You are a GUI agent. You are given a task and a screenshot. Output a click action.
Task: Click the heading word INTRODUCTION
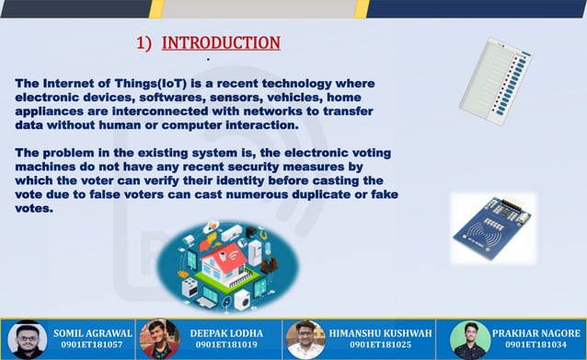click(x=221, y=43)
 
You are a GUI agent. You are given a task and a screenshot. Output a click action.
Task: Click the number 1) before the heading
click(x=144, y=43)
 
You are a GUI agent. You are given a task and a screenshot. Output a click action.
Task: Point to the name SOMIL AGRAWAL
click(x=93, y=333)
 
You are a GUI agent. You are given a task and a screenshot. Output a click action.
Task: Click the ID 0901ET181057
click(x=92, y=346)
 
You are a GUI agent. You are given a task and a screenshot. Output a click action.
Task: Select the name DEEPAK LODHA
click(x=226, y=333)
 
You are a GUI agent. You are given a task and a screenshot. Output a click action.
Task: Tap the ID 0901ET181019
click(x=226, y=346)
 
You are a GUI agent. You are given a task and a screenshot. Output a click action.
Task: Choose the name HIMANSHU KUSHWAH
click(x=379, y=333)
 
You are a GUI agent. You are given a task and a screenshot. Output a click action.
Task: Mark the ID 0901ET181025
click(x=379, y=346)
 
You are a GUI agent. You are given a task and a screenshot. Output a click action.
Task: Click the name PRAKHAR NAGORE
click(x=535, y=333)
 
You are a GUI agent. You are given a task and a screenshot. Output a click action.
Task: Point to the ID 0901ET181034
click(x=535, y=346)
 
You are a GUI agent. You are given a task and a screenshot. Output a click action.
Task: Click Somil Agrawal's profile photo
click(x=28, y=340)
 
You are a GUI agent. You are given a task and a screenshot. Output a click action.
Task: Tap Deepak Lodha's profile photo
click(x=159, y=340)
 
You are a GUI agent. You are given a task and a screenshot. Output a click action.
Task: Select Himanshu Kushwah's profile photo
click(x=305, y=340)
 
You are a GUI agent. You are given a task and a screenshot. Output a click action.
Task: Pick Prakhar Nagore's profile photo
click(x=469, y=340)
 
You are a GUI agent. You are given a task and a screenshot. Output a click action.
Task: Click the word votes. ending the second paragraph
click(x=34, y=208)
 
